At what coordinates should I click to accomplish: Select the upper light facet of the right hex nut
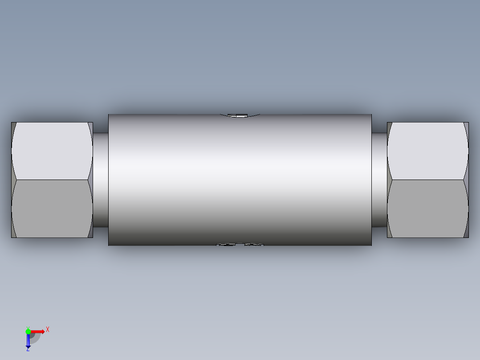coord(427,151)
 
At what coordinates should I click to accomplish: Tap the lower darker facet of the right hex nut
coord(427,209)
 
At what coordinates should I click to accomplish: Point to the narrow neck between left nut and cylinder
coord(101,180)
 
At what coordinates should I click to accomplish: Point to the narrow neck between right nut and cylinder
coord(379,180)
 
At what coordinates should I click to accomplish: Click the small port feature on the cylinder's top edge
coord(240,116)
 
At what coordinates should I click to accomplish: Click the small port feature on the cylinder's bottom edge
coord(240,244)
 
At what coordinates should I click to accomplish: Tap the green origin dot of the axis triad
coord(28,331)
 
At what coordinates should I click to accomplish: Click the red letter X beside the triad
coord(48,330)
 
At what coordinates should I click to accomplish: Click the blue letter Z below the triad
coord(28,349)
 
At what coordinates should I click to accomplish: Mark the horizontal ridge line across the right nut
coord(427,180)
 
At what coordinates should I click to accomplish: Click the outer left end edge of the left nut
coord(12,180)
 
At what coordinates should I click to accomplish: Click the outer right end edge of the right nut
coord(468,180)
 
